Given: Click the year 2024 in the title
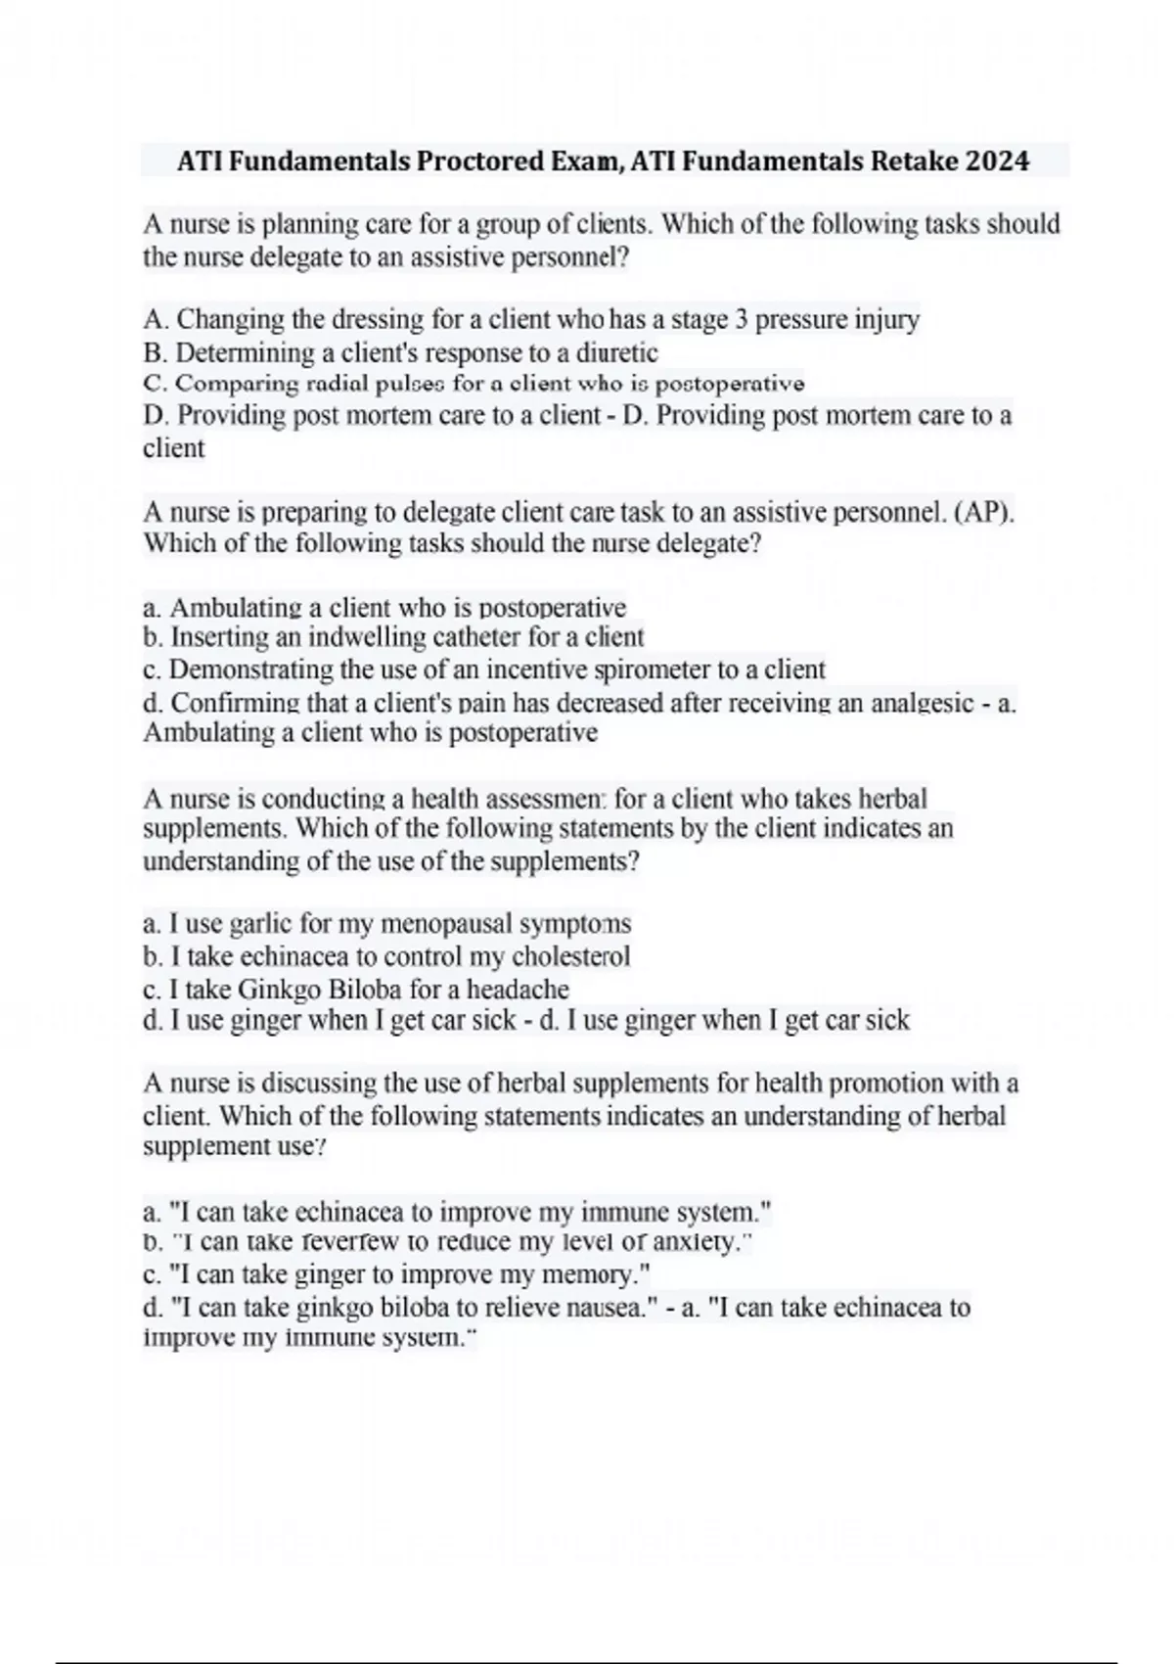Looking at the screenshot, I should coord(997,161).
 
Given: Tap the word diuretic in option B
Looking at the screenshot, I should coord(617,352).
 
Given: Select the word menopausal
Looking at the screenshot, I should coord(445,924).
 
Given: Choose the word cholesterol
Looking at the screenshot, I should coord(571,956).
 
